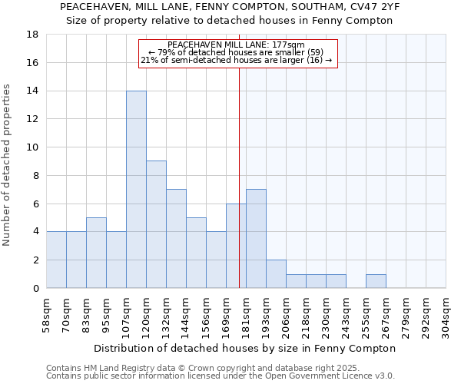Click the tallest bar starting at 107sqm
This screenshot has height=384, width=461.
pos(136,190)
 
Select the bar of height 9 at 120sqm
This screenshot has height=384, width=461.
pos(156,224)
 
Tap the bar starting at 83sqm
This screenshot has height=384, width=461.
pos(96,253)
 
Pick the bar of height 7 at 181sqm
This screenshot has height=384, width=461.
pos(256,238)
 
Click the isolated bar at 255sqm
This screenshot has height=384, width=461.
pos(376,281)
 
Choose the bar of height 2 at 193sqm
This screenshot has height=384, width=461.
pos(276,273)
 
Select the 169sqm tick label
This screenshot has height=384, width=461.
pos(226,313)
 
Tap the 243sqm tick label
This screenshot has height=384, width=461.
pos(346,313)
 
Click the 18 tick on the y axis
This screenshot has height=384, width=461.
pos(32,35)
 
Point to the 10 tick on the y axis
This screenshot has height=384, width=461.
pos(32,147)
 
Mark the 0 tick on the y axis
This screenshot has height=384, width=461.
pos(35,289)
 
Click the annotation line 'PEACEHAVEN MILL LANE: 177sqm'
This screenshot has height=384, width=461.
pos(238,45)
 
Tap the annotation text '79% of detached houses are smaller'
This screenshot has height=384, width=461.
pos(238,52)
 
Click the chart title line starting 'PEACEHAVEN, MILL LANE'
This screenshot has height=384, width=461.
pos(230,6)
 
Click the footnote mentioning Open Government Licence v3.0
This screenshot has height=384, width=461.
pos(221,376)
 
